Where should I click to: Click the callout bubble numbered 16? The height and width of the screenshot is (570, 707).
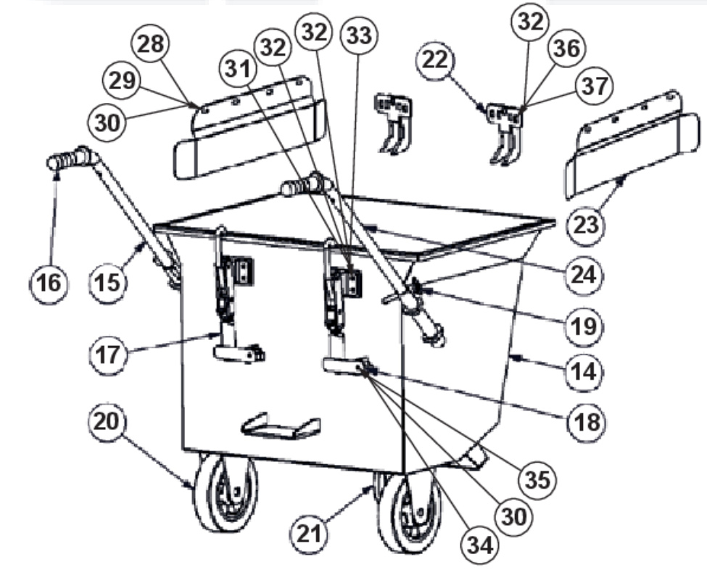[49, 284]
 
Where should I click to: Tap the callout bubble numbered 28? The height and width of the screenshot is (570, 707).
[150, 44]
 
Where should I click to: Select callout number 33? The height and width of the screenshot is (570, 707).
[359, 35]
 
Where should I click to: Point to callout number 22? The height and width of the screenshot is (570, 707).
[435, 60]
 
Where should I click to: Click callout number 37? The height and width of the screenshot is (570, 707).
[595, 86]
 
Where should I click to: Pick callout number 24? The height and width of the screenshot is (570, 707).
[583, 274]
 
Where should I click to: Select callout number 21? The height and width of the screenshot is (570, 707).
[310, 534]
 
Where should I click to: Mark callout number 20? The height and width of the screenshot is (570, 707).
[107, 421]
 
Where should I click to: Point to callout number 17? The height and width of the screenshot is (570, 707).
[108, 355]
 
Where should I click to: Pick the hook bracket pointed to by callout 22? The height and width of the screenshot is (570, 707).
[505, 133]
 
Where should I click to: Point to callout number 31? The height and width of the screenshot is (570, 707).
[238, 70]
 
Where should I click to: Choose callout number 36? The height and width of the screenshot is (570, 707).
[567, 49]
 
